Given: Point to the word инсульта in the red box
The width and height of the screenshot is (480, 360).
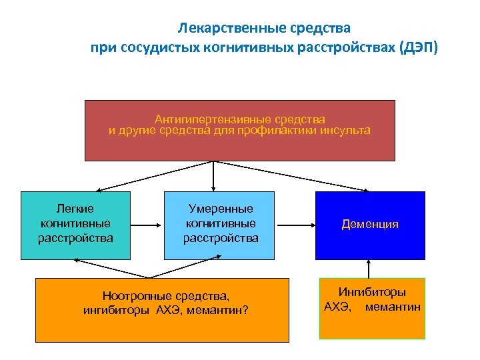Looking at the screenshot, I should click(344, 130).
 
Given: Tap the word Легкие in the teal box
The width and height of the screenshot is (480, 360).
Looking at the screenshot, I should click(76, 209).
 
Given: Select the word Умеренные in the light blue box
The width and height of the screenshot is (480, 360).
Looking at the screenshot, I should click(220, 209).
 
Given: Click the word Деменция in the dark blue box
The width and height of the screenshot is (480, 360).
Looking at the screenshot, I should click(370, 225).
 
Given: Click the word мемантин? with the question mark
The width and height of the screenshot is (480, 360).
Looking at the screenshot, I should click(221, 309).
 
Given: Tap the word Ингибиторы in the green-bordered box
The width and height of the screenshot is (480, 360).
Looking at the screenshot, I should click(373, 292).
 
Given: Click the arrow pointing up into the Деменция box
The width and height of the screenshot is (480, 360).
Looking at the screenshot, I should click(369, 268).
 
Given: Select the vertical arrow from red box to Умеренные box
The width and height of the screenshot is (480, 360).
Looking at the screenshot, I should click(213, 176).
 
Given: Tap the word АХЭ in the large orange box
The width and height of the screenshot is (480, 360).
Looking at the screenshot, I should click(167, 309).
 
